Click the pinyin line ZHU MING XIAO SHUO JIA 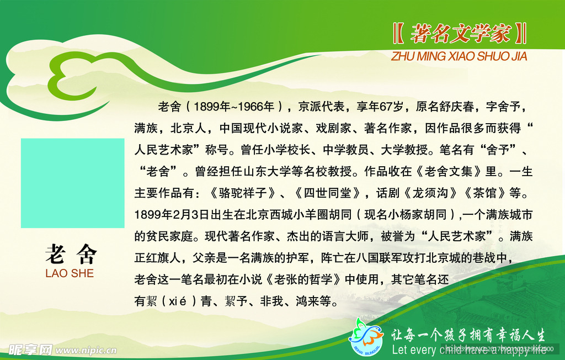459,56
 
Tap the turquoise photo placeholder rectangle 73,183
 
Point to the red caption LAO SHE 70,273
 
